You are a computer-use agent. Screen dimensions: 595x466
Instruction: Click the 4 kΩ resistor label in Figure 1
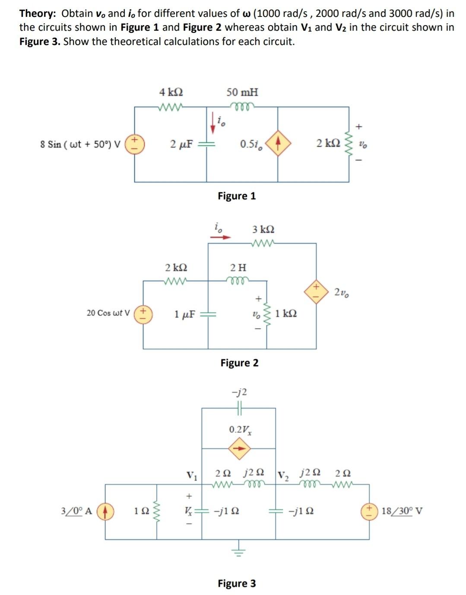coord(171,92)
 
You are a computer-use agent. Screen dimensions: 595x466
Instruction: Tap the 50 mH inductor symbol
coord(243,105)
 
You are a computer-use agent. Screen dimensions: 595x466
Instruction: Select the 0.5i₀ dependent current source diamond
coord(278,144)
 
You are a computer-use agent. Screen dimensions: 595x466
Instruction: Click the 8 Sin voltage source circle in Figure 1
coord(135,144)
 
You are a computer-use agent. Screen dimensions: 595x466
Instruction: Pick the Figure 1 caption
coord(237,196)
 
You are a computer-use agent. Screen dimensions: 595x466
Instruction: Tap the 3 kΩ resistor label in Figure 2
coord(263,229)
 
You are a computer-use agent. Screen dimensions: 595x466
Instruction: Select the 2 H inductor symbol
coord(238,280)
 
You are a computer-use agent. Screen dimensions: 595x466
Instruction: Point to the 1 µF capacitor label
coord(185,313)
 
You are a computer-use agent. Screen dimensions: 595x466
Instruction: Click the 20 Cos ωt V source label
coord(108,313)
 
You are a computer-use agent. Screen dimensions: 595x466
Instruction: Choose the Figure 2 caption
coord(239,363)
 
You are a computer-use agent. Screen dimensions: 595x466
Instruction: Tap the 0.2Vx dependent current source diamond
coord(239,448)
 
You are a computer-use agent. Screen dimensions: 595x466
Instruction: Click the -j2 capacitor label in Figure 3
coord(239,392)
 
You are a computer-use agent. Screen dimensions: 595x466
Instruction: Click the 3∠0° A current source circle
coord(105,511)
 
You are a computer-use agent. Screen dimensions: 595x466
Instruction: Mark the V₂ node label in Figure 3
coord(283,476)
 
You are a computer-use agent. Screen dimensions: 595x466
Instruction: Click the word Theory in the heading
coord(37,13)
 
